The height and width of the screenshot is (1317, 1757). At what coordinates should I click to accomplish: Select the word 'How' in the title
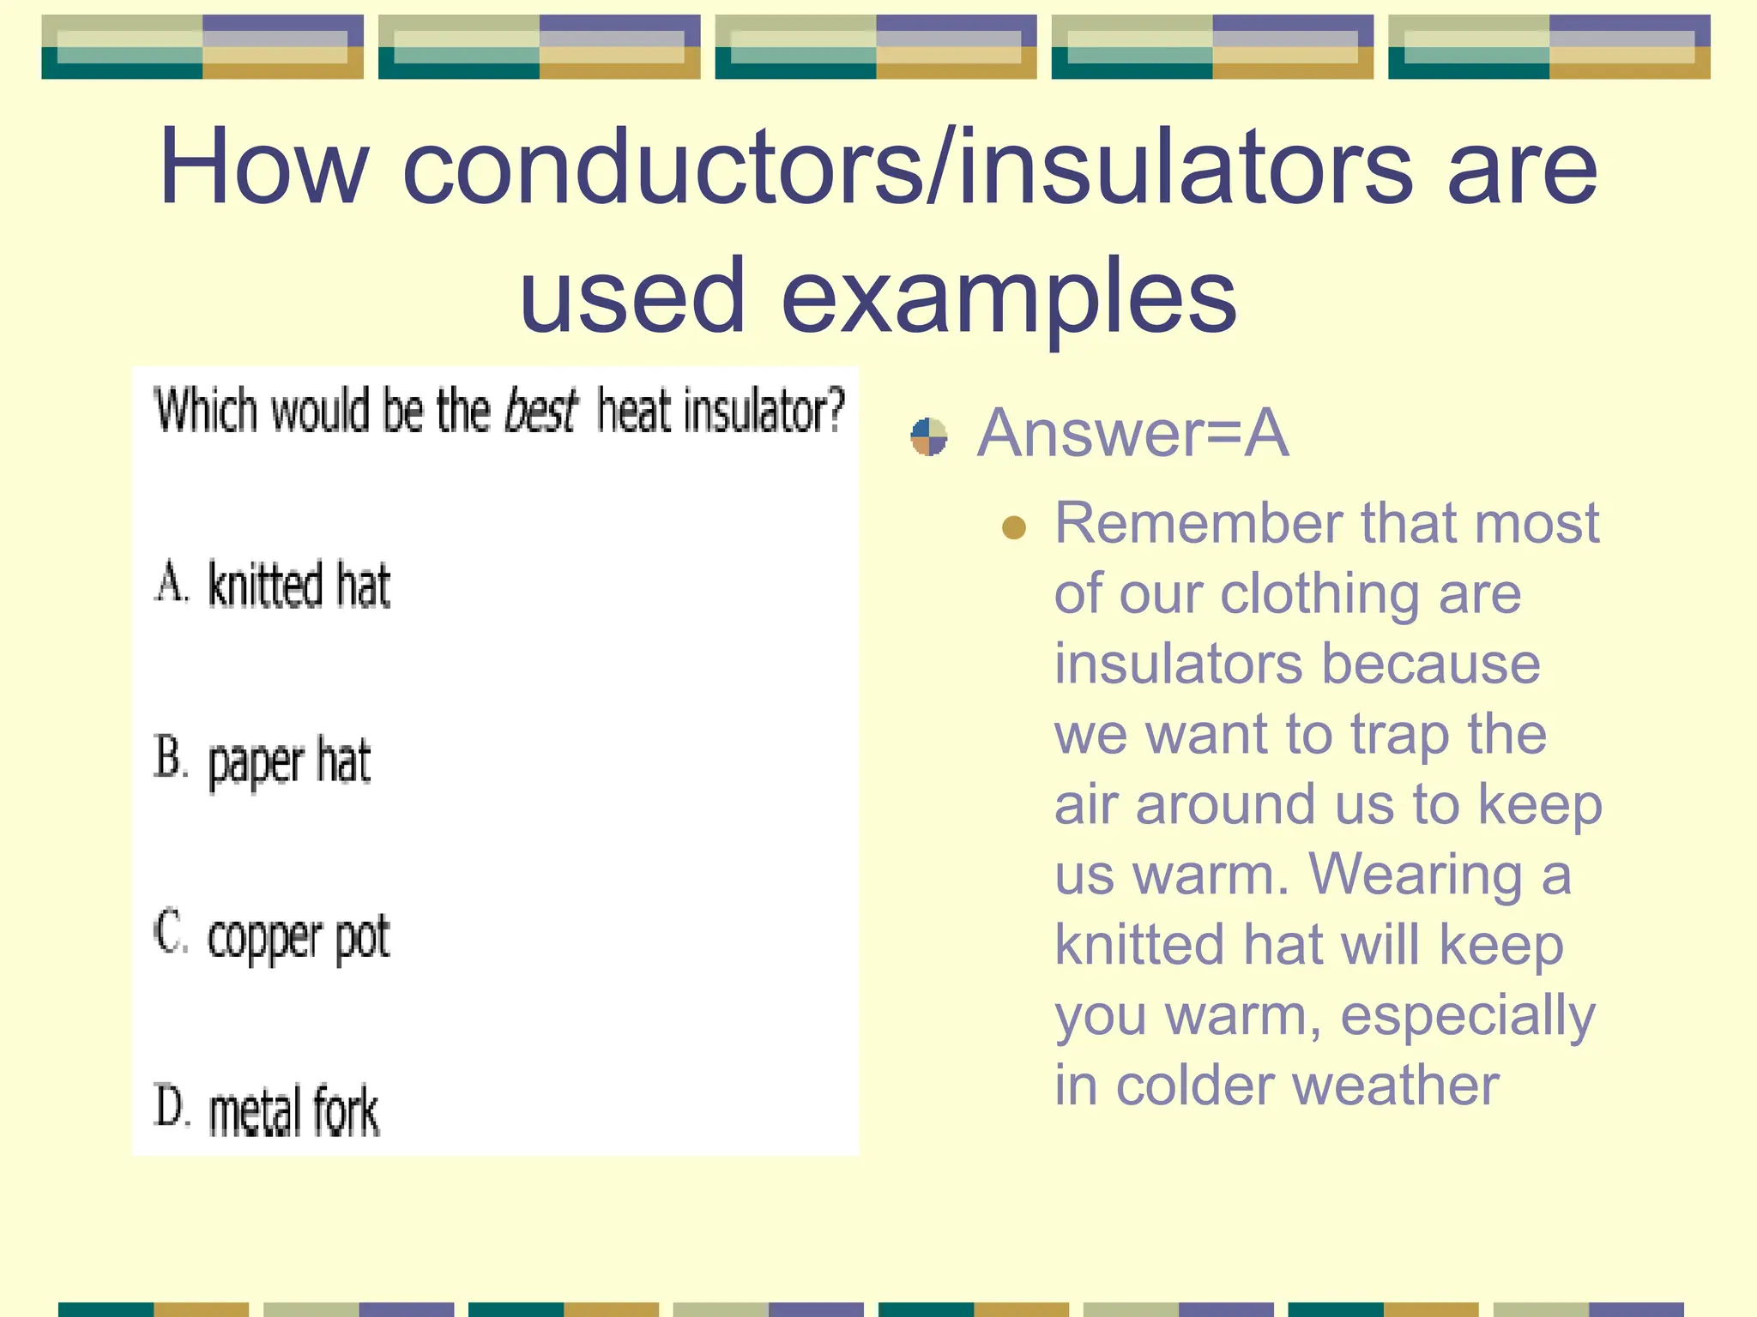(x=264, y=167)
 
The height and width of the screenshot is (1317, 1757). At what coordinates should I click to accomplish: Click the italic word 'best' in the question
(x=540, y=411)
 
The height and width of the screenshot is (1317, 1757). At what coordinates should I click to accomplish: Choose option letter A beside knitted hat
(x=171, y=583)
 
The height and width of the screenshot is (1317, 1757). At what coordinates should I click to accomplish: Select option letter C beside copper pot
(x=171, y=933)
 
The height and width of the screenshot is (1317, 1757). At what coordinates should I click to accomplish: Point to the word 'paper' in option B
(x=256, y=764)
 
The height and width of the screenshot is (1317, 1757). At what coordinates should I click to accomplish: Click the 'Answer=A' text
(x=1132, y=434)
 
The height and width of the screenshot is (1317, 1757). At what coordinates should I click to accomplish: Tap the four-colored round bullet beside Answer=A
(x=929, y=437)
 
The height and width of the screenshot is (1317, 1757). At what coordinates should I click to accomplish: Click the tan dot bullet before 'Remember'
(x=1014, y=526)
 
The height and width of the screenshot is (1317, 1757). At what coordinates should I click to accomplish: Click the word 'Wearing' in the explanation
(x=1416, y=875)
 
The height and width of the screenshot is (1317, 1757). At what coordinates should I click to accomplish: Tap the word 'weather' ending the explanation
(x=1396, y=1086)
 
